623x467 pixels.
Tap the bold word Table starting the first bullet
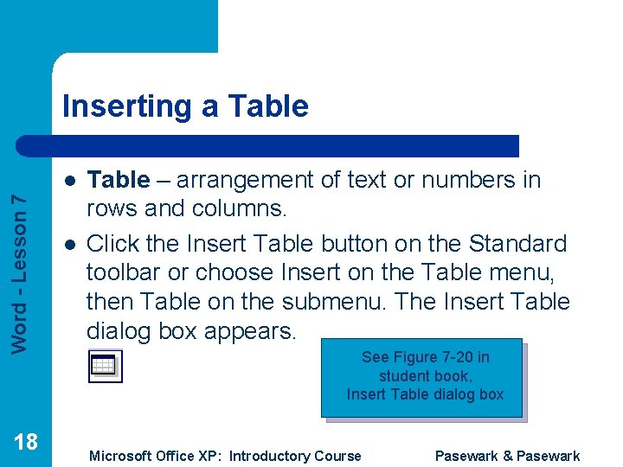(x=119, y=180)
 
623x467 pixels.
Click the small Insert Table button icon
(x=106, y=366)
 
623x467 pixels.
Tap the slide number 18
(x=26, y=442)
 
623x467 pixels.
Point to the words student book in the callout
(x=424, y=376)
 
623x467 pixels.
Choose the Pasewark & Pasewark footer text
(x=507, y=456)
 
